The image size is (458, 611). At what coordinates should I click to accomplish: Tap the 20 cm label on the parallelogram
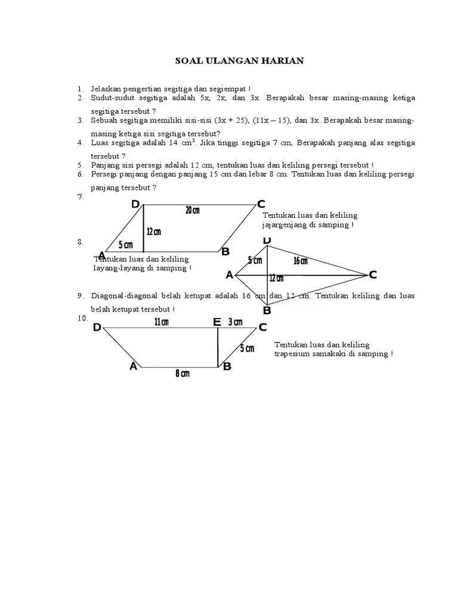point(192,210)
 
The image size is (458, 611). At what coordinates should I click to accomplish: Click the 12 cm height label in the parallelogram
point(154,232)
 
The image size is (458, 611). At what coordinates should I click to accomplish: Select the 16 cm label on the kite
point(301,261)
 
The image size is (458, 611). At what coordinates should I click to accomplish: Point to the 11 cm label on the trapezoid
point(161,322)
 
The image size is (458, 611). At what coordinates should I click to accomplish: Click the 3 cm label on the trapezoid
point(236,322)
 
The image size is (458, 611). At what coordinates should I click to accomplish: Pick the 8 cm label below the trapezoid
point(182,374)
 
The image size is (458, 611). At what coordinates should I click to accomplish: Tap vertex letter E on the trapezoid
point(217,323)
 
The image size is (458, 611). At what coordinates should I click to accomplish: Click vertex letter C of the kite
point(373,274)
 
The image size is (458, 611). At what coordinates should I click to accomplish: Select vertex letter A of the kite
point(229,275)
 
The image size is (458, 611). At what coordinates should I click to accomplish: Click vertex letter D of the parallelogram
point(135,205)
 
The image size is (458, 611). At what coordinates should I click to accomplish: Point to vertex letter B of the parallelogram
point(225,252)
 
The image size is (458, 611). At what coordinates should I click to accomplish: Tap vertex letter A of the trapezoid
point(133,366)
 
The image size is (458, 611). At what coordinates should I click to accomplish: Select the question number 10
point(82,318)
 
